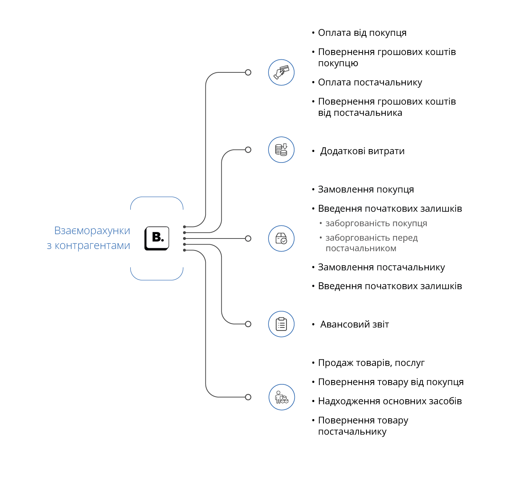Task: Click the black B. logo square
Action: (157, 238)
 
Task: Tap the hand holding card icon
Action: (281, 72)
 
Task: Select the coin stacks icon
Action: (281, 149)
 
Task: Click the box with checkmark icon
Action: (281, 238)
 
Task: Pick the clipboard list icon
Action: (281, 324)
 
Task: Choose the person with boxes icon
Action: (281, 397)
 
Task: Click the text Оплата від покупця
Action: (362, 33)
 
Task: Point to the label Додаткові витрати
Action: (362, 151)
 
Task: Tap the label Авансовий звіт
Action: (355, 325)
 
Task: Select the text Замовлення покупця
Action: (366, 190)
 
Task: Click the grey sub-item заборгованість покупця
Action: (376, 224)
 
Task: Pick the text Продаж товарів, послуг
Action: (371, 363)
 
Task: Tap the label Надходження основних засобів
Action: (390, 401)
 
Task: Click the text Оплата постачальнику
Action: (370, 83)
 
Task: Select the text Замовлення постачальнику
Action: (381, 267)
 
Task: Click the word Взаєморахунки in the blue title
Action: (92, 231)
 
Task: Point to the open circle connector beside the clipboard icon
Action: (248, 324)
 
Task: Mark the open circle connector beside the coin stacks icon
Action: (248, 149)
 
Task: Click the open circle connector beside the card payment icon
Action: (248, 72)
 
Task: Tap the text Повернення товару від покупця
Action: (391, 382)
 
